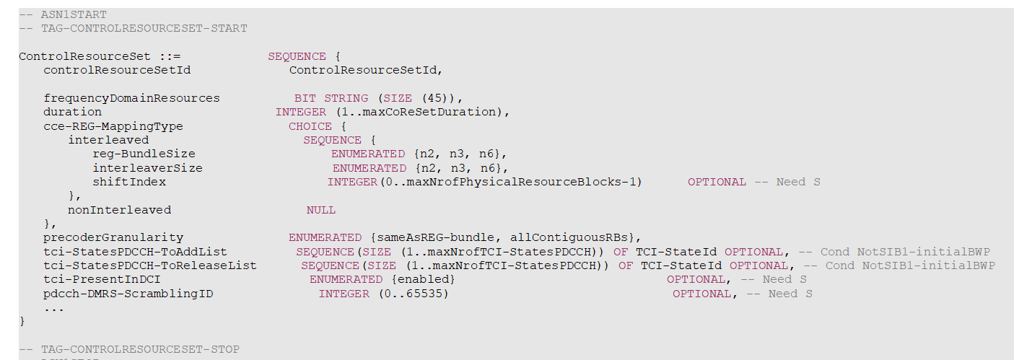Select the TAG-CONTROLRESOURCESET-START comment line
pos(133,28)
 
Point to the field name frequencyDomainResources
pos(131,98)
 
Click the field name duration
pos(72,112)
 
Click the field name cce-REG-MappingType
pos(113,126)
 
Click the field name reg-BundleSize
pos(144,154)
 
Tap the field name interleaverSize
pos(147,168)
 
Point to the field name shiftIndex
pos(129,182)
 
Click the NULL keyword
pos(321,210)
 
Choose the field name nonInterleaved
pos(120,210)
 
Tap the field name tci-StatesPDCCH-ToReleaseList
pos(149,265)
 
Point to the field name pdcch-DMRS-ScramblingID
pos(128,294)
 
